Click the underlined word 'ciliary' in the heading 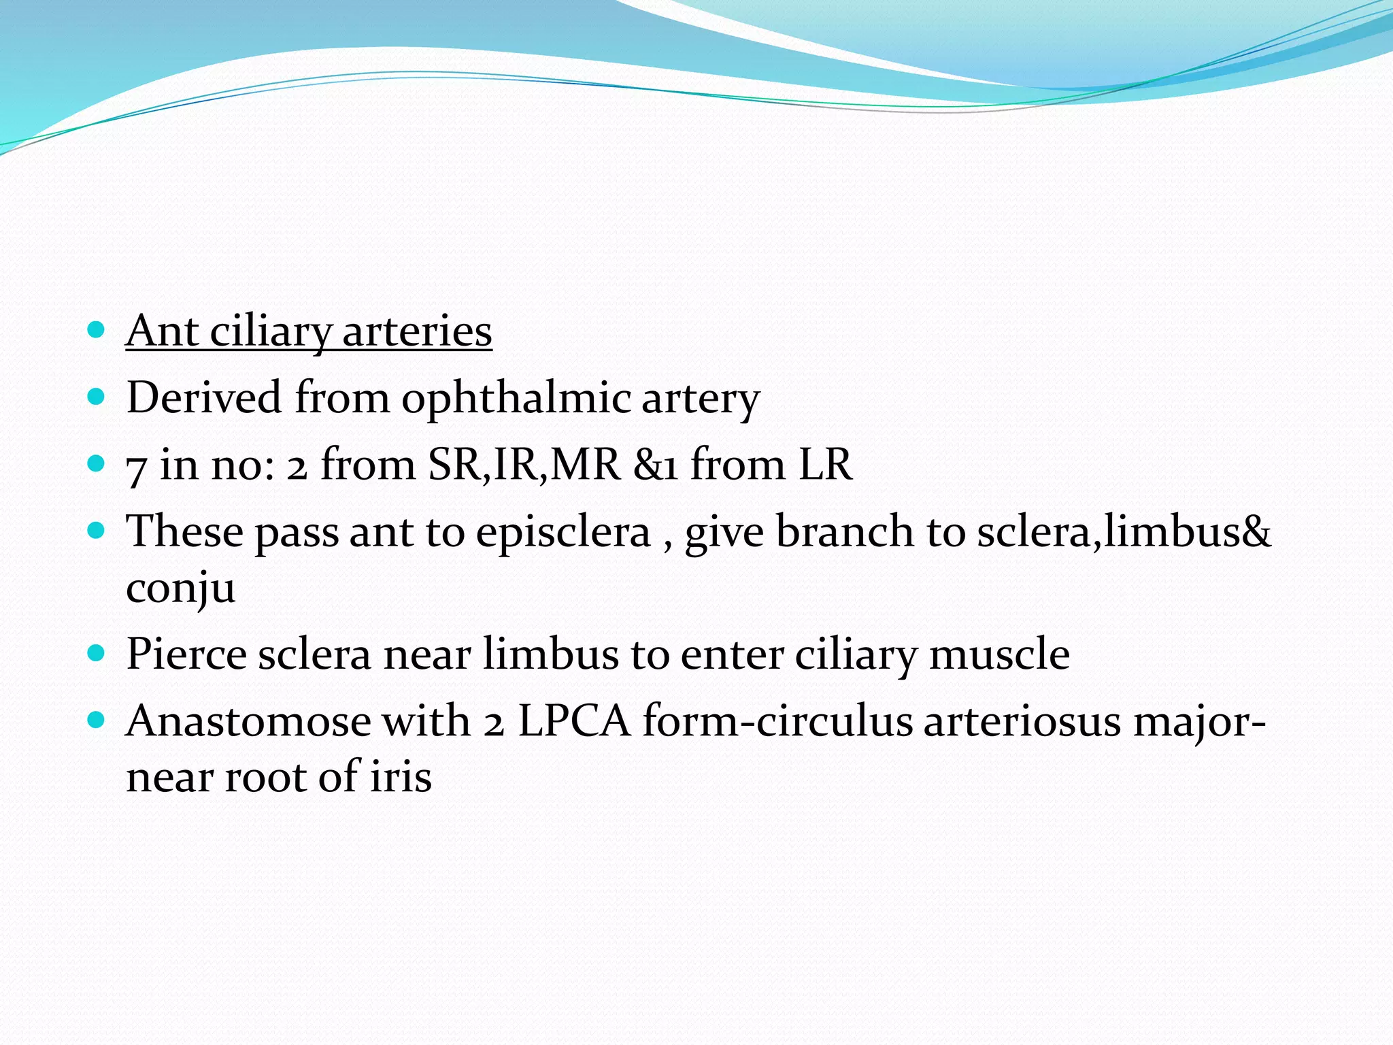270,331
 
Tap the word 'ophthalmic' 515,398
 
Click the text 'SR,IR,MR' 524,465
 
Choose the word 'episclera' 563,531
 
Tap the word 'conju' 180,587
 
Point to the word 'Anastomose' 248,720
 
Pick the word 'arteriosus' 1022,720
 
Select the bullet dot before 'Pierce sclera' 97,654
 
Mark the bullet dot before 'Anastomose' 97,720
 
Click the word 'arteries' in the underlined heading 417,331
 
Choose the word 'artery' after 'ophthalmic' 700,398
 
